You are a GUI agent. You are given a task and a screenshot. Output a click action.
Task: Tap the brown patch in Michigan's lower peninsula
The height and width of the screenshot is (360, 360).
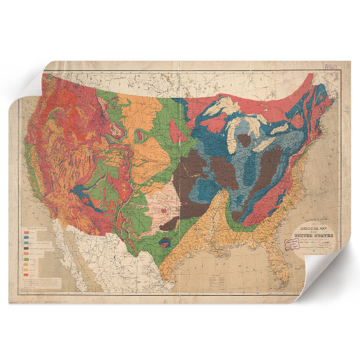(x=244, y=142)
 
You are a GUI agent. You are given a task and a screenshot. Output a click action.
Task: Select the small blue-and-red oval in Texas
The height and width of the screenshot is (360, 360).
(x=166, y=243)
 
